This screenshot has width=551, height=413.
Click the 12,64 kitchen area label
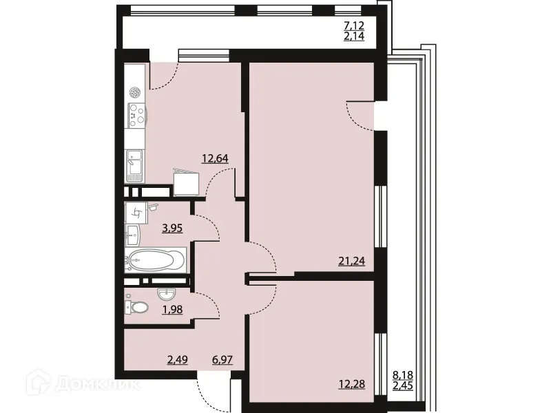[x=214, y=158]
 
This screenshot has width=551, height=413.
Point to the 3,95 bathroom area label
[x=171, y=228]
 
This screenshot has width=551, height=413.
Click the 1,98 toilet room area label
[x=171, y=310]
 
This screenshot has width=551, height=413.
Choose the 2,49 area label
[x=178, y=359]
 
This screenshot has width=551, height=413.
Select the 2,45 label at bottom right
[x=404, y=385]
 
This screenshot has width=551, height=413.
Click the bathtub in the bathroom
[x=156, y=260]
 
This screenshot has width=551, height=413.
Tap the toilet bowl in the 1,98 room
[x=138, y=307]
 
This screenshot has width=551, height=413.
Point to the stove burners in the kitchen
[x=135, y=114]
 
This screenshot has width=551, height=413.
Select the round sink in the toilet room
[x=165, y=295]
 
